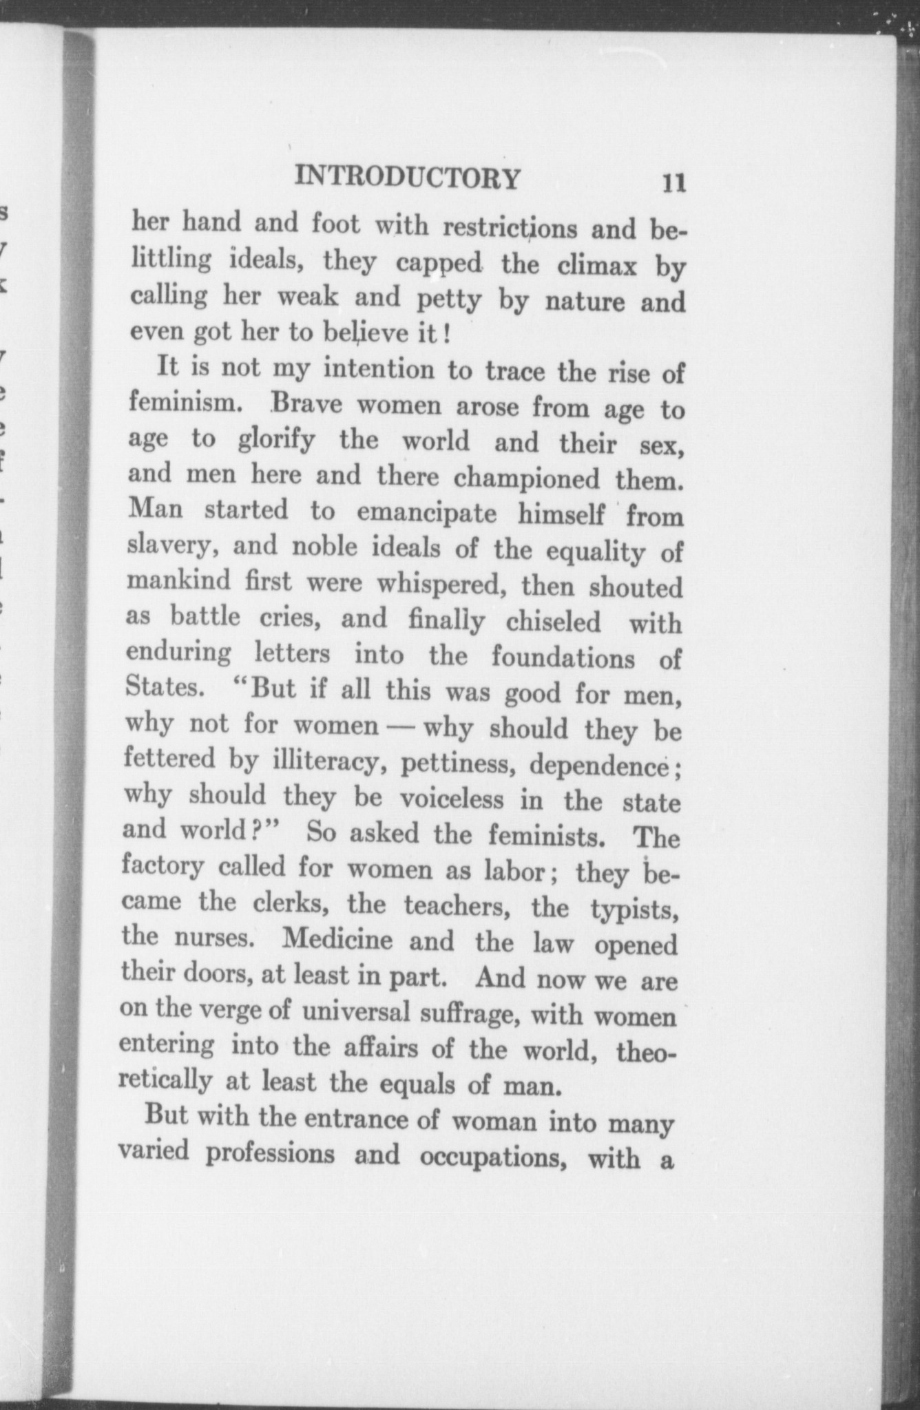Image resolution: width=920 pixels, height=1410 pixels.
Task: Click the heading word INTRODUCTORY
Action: coord(408,178)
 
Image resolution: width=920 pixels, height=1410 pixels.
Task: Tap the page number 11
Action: coord(673,184)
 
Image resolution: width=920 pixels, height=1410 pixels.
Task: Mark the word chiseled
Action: coord(553,622)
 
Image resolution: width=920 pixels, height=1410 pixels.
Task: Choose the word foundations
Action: coord(563,658)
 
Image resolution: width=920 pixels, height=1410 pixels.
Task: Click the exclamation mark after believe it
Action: coord(447,336)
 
